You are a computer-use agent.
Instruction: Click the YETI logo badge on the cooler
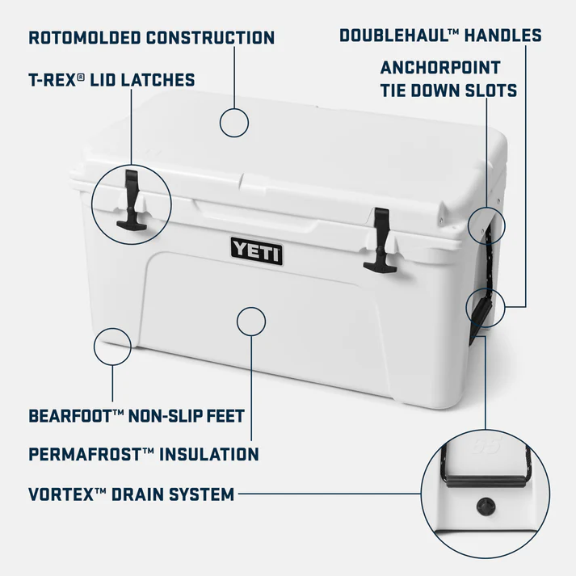[257, 251]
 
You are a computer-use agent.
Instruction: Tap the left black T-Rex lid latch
[130, 202]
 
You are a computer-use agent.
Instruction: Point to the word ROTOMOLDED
[85, 37]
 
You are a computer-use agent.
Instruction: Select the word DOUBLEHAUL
[392, 36]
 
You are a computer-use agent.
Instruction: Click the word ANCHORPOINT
[440, 67]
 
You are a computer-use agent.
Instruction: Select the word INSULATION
[210, 454]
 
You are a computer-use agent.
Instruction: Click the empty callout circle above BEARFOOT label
[112, 347]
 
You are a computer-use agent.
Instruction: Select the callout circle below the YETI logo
[251, 322]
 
